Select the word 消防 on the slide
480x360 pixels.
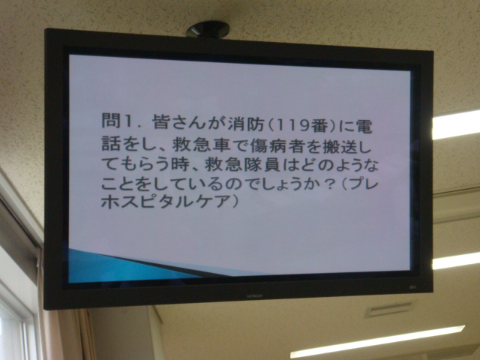pyautogui.click(x=246, y=124)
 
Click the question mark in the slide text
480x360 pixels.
pyautogui.click(x=330, y=185)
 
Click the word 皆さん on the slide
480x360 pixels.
pyautogui.click(x=178, y=122)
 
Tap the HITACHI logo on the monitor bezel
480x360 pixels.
pyautogui.click(x=254, y=296)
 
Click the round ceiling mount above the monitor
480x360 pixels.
pyautogui.click(x=208, y=29)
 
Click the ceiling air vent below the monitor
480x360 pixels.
pyautogui.click(x=388, y=309)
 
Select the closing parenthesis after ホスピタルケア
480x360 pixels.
pyautogui.click(x=235, y=202)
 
